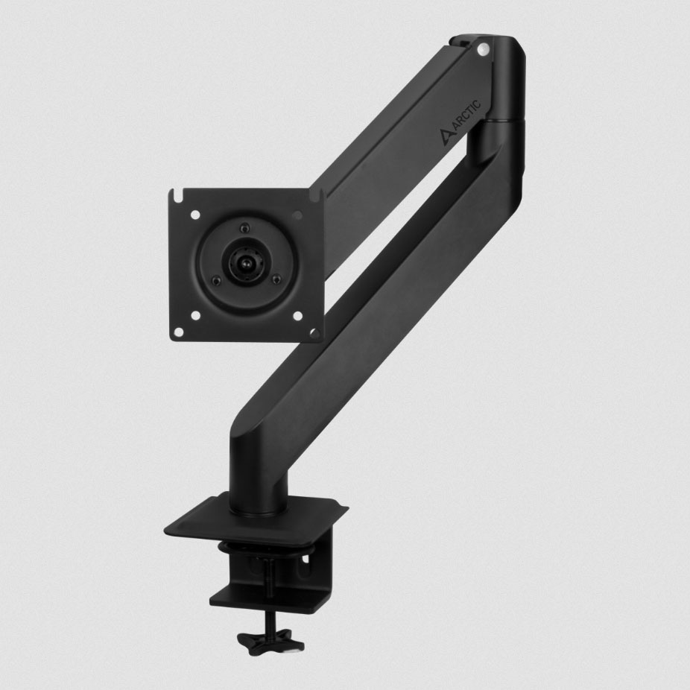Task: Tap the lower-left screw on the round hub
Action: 215,281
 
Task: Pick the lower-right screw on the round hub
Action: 276,279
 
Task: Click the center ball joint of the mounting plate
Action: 244,263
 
